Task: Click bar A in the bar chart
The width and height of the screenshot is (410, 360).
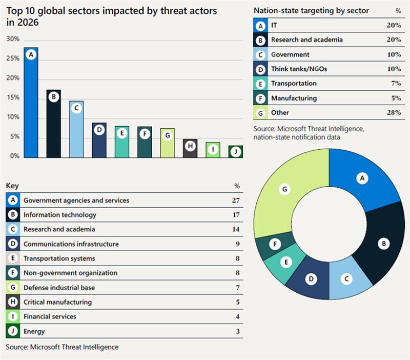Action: [x=31, y=103]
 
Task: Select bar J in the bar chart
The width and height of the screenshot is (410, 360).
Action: [x=236, y=152]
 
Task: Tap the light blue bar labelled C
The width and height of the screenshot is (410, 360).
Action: [x=76, y=129]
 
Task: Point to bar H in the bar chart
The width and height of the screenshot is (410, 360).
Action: [x=190, y=148]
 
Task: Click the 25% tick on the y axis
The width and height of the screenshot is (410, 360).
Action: [x=13, y=58]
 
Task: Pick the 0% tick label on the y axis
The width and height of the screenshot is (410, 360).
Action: [x=15, y=156]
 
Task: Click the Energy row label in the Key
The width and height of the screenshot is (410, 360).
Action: [x=34, y=331]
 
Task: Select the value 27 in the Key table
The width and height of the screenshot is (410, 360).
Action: [x=236, y=201]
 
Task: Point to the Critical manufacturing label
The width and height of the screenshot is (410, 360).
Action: [x=57, y=302]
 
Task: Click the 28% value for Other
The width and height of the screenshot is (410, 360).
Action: [x=394, y=112]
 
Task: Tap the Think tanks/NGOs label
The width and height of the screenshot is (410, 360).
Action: [x=299, y=69]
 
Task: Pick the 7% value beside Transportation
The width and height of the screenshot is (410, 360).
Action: [x=396, y=84]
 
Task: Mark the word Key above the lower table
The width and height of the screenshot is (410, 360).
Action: [x=12, y=186]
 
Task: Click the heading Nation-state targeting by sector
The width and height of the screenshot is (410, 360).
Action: [x=311, y=11]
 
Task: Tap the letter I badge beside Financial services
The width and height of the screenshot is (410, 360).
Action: [x=12, y=316]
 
